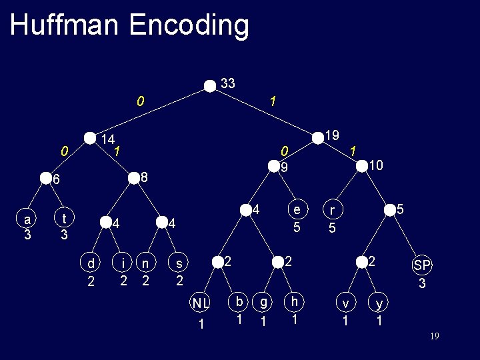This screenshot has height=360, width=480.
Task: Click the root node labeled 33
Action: click(211, 85)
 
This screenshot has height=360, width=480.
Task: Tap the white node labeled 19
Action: click(317, 137)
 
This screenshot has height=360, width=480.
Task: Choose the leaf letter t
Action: click(63, 219)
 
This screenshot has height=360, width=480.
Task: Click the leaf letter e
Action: click(297, 210)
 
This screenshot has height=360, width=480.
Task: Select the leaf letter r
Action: click(331, 211)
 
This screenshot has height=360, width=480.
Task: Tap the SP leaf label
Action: click(422, 265)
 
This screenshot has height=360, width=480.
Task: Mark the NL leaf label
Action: click(201, 304)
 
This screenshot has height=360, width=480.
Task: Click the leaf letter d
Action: click(91, 265)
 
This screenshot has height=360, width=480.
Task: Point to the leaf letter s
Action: click(179, 265)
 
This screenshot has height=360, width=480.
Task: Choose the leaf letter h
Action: click(293, 302)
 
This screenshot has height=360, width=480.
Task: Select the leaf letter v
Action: click(345, 304)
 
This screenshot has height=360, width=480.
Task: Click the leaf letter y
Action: click(379, 304)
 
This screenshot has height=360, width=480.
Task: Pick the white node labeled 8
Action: click(134, 177)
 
